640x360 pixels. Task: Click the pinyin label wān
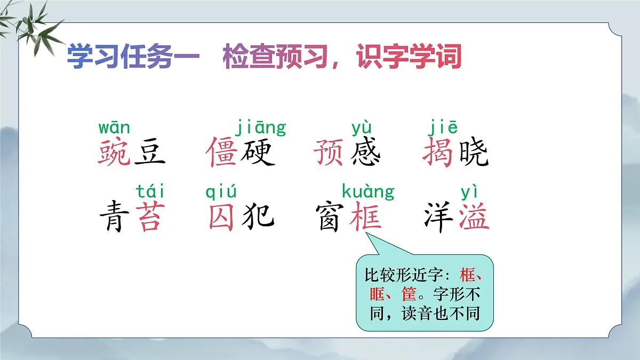tap(114, 129)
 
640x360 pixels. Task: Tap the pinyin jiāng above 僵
tap(260, 129)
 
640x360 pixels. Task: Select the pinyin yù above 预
tap(362, 129)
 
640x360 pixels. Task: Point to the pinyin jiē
tap(443, 129)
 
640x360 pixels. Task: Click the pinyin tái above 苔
tap(150, 191)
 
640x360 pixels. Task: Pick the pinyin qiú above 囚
tap(221, 191)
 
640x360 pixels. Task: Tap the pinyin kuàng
tap(367, 191)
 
